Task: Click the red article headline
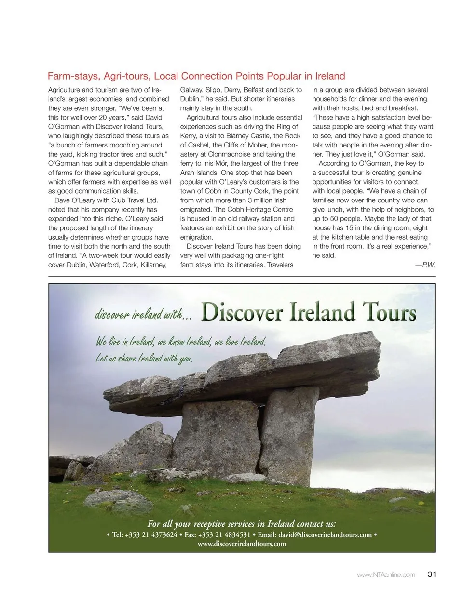point(196,76)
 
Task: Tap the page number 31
point(432,574)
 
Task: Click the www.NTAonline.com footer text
point(386,574)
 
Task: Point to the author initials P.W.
point(428,265)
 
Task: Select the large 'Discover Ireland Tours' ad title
point(308,312)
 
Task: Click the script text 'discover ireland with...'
point(143,314)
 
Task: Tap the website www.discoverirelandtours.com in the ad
point(242,544)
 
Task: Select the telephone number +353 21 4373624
point(151,534)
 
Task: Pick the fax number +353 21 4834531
point(224,534)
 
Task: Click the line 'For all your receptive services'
point(242,523)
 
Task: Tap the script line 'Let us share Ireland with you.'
point(144,358)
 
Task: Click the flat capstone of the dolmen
point(251,371)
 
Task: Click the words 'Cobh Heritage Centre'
point(261,210)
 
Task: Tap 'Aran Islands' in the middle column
point(199,173)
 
